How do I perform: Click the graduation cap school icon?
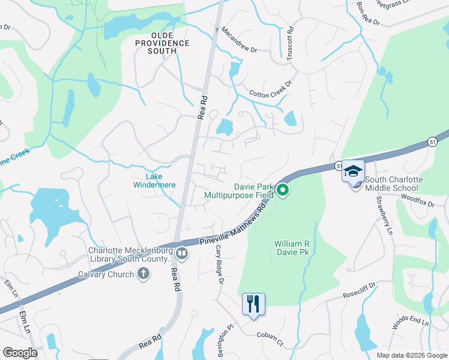point(353,171)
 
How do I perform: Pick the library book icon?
point(181,254)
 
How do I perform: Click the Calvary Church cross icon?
point(143,274)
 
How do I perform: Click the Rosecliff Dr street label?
point(359,290)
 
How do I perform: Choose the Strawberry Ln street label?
point(384,214)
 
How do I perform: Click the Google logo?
point(20,353)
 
